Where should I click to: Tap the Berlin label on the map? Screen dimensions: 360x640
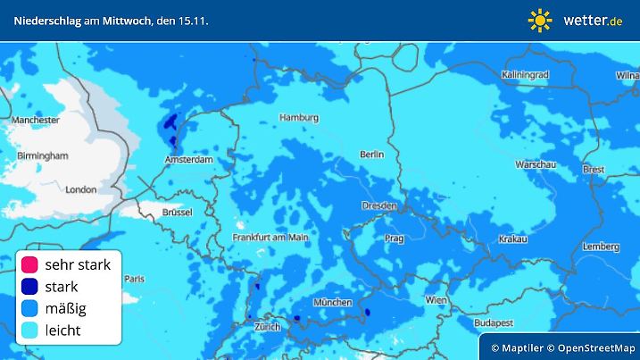point(371,155)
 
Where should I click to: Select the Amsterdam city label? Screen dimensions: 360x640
point(187,160)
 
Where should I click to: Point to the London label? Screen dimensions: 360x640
point(80,189)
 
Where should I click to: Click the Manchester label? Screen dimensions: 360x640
point(36,120)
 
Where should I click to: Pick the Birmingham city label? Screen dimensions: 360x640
point(42,155)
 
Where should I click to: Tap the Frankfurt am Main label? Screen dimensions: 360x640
point(270,237)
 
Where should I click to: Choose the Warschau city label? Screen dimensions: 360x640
point(536,165)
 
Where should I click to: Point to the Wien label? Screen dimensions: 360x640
point(436,300)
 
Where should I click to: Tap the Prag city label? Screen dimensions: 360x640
point(394,239)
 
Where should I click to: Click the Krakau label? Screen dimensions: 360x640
point(512,239)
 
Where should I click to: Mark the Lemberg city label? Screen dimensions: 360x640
point(600,246)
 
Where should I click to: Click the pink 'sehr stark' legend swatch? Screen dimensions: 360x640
point(29,264)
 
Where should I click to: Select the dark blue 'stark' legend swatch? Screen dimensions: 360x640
point(29,287)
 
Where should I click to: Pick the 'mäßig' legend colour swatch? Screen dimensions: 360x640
point(29,309)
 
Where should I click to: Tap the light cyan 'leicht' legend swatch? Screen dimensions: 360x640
point(29,331)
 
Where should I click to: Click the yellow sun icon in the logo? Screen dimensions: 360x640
point(540,20)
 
